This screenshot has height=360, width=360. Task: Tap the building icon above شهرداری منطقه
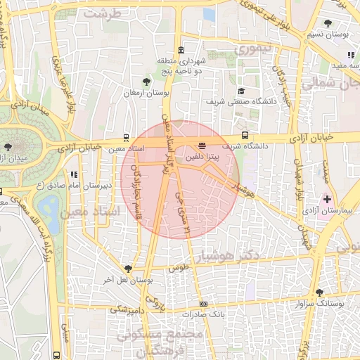click(181, 50)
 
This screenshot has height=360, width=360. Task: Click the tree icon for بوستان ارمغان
click(146, 82)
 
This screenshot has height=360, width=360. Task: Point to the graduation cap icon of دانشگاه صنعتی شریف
click(241, 91)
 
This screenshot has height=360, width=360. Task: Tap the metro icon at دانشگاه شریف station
click(245, 134)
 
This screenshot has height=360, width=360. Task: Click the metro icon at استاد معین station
click(126, 138)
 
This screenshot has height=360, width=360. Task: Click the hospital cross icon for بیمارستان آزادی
click(327, 199)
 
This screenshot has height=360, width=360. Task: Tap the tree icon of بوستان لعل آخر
click(128, 268)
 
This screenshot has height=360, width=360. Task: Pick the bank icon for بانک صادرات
click(204, 304)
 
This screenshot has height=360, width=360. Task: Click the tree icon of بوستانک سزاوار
click(320, 292)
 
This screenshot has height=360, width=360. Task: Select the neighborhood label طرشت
click(103, 13)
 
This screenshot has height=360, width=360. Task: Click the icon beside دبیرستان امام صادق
click(73, 174)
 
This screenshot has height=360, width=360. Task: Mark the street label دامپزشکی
click(127, 309)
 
